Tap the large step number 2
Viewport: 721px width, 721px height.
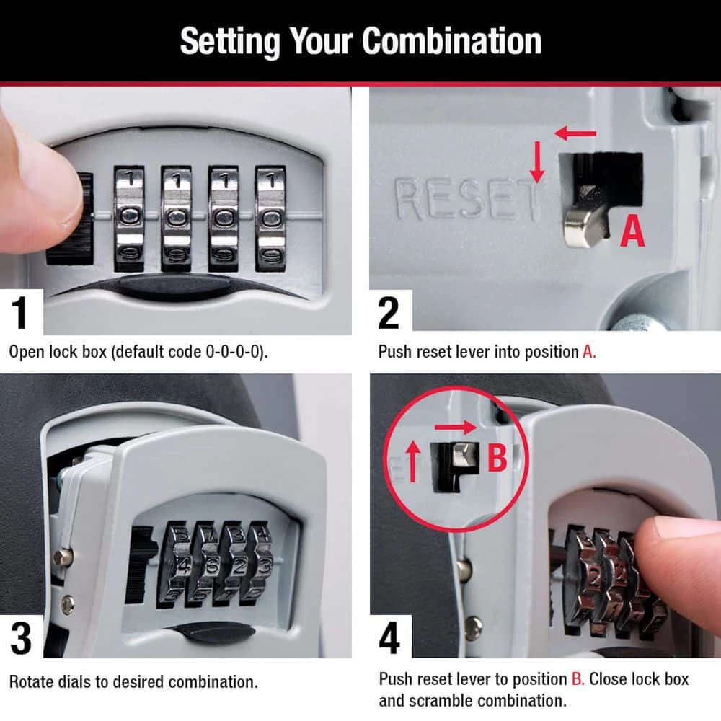coord(389,312)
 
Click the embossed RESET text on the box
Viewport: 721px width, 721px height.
coord(466,200)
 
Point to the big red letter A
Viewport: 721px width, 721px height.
coord(632,231)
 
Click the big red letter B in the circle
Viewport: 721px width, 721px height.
coord(497,459)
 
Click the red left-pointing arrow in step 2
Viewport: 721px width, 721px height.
coord(575,133)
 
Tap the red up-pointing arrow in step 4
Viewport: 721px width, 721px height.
coord(413,461)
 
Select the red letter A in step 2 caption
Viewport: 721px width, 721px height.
coord(589,353)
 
